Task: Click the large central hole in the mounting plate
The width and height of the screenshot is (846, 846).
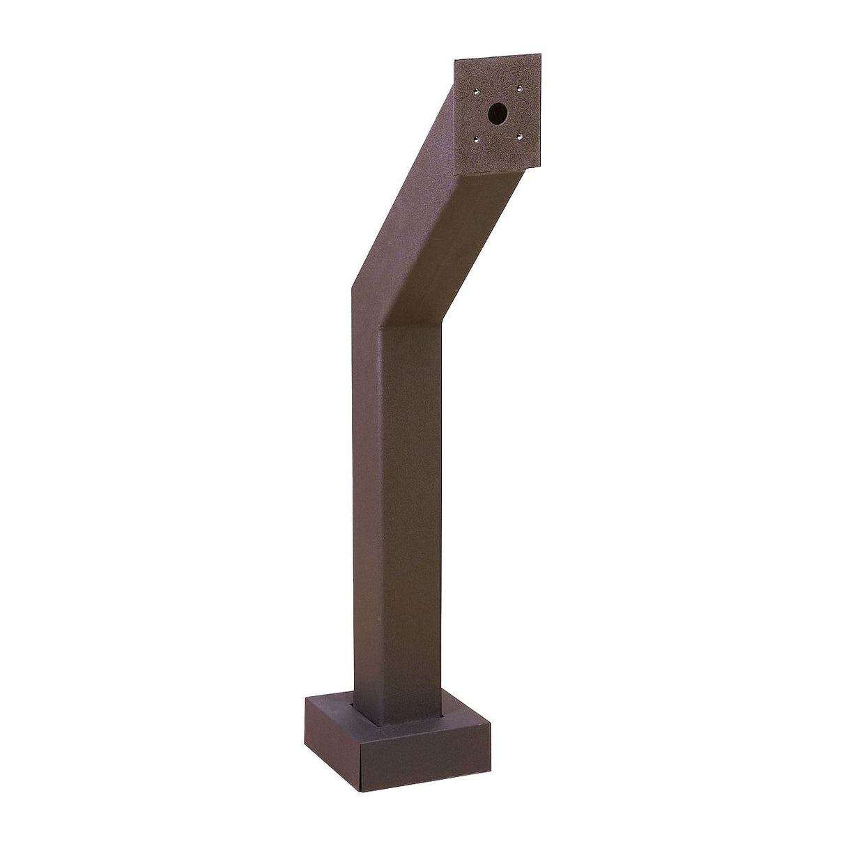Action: pos(497,113)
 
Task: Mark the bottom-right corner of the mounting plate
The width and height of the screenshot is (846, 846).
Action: pos(541,167)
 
